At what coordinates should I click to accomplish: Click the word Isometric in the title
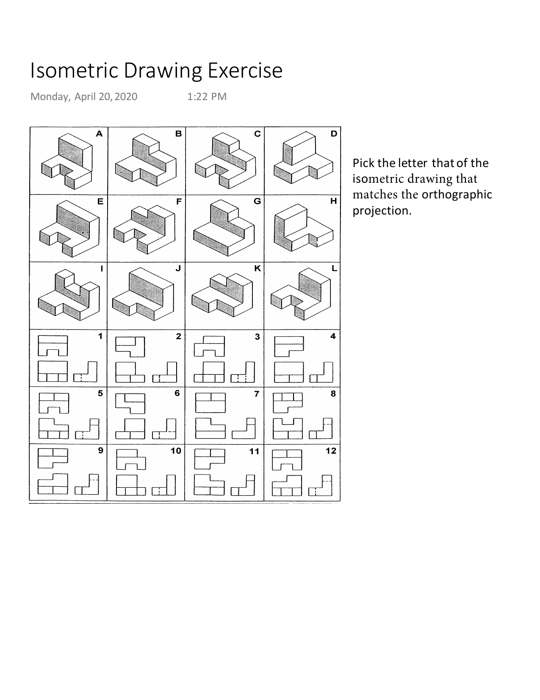coord(74,71)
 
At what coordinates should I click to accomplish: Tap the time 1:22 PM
coord(207,97)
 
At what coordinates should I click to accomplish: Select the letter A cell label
coord(99,134)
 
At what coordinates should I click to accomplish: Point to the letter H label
coord(334,201)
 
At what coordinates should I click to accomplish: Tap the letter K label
coord(257,268)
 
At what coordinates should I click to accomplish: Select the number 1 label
coord(100,336)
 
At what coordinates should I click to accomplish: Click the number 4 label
coord(333,336)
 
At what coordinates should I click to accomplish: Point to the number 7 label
coord(256,393)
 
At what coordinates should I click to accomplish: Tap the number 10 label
coord(176,451)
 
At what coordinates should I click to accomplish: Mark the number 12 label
coord(331,451)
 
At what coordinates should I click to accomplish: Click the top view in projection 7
coord(210,402)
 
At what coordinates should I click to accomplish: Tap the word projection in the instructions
coord(381,211)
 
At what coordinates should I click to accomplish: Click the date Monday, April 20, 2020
coord(84,97)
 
